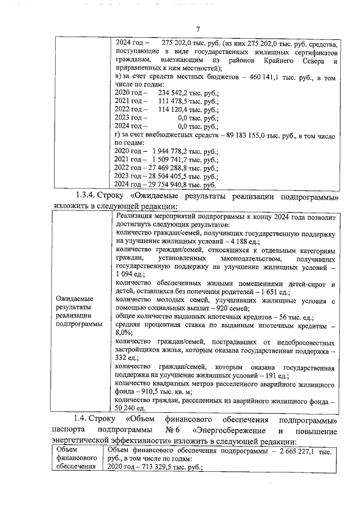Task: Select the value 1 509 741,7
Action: coord(165,160)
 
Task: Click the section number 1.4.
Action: coord(83,420)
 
